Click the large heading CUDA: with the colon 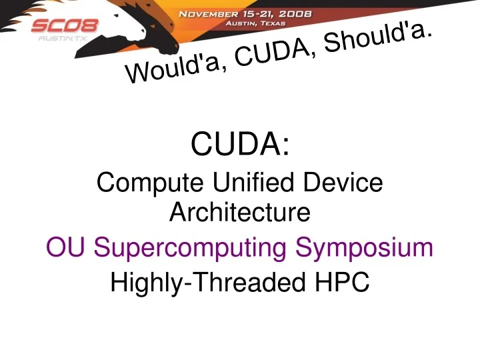pos(240,144)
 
